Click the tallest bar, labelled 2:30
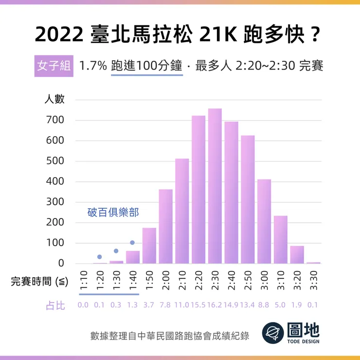coord(215,186)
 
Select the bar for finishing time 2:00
coord(165,226)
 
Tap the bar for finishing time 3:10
coord(281,239)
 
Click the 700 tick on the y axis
coord(55,120)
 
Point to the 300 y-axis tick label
coord(55,202)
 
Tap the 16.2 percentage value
coord(215,306)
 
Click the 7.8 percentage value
coord(165,306)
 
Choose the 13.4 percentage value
coord(248,306)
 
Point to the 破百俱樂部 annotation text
coord(113,213)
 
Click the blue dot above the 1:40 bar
coord(132,243)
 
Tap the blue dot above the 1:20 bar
coord(100,257)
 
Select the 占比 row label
coord(55,306)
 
